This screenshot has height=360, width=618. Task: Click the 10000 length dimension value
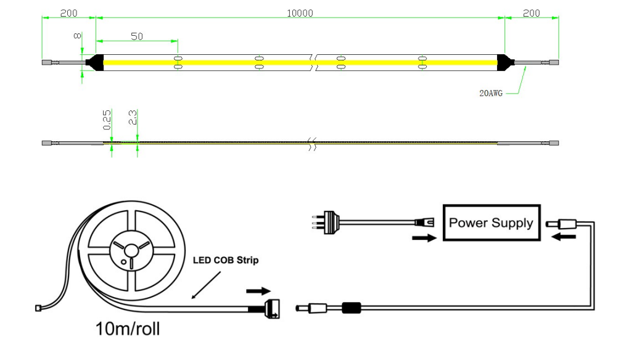click(x=300, y=13)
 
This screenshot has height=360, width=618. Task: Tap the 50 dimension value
click(x=137, y=36)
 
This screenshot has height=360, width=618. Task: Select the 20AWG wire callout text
click(x=492, y=94)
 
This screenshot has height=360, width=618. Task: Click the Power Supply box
click(x=490, y=223)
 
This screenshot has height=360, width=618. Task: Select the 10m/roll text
click(x=128, y=329)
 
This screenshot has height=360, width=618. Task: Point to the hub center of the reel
click(x=131, y=250)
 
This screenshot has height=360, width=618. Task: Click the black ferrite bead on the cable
click(x=352, y=306)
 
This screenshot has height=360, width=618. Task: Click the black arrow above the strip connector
click(x=258, y=290)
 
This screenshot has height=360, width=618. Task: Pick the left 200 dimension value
click(x=68, y=13)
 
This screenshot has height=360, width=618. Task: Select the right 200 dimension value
click(x=531, y=13)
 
